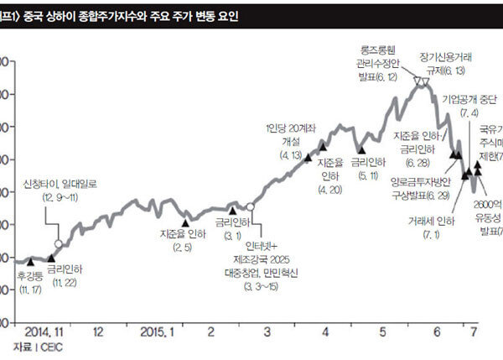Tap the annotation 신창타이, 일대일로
pos(56,183)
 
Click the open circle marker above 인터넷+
pos(250,206)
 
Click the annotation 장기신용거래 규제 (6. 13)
pos(445,64)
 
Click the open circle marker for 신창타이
pos(58,220)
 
